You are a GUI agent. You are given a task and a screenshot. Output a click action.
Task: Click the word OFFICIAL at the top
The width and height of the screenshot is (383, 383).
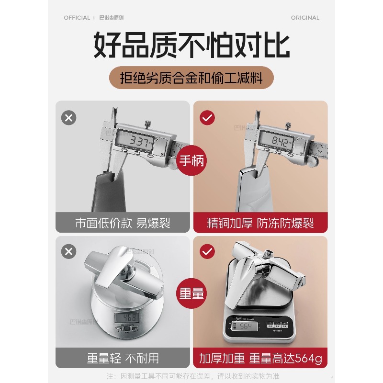pos(77,18)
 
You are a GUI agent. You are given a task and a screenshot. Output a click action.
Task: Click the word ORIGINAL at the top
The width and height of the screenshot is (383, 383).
pos(305,18)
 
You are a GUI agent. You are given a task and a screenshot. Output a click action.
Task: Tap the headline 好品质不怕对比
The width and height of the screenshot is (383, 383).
pos(191,45)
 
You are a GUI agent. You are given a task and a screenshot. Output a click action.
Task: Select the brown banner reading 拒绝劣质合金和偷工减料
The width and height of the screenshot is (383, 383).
pos(191,77)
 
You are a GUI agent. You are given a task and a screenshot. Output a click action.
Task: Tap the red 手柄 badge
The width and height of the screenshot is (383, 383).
pos(191,160)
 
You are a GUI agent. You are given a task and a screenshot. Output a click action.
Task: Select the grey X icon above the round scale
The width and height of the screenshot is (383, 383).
pos(69,251)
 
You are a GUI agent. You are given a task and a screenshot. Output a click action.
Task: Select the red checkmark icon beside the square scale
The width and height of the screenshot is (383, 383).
pos(207,251)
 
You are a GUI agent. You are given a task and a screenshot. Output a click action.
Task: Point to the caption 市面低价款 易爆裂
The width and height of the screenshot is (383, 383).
pos(123,223)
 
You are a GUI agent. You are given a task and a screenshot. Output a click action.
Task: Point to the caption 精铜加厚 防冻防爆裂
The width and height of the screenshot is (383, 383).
pos(260,223)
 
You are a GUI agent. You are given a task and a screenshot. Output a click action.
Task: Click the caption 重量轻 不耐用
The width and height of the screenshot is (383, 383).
pos(123,358)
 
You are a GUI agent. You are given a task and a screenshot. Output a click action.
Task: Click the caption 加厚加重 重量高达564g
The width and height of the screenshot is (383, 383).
pos(260,358)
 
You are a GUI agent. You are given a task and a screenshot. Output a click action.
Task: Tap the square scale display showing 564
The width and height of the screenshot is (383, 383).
pos(245,326)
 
